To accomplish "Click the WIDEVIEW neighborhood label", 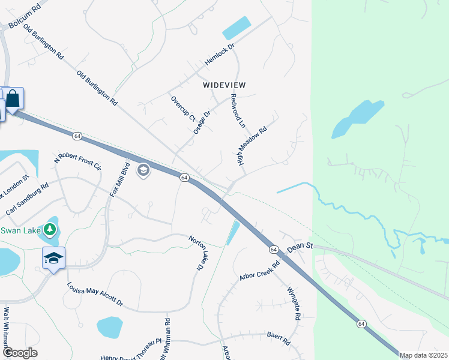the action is (224, 85).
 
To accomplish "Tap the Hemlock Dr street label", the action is (219, 58).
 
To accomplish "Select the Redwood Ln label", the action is (238, 110).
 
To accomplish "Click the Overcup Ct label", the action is (184, 108).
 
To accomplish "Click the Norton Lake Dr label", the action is (199, 252).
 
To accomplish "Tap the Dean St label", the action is (301, 246).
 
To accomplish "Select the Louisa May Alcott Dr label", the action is (95, 294).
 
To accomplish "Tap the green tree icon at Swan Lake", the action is (51, 229).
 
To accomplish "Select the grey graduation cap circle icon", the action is (143, 171).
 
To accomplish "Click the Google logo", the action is (20, 353).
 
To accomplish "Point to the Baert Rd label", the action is (279, 339).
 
